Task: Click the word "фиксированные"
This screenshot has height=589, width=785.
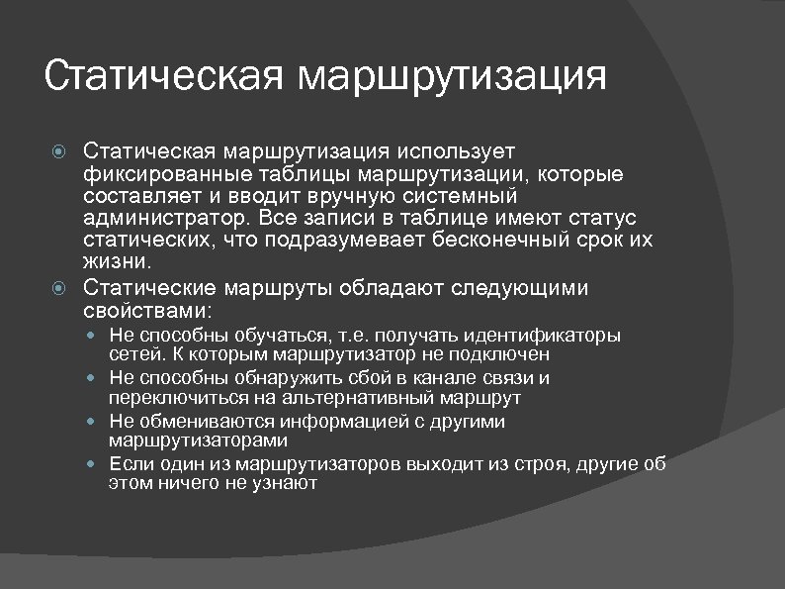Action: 153,175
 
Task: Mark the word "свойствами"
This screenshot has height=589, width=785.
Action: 146,309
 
